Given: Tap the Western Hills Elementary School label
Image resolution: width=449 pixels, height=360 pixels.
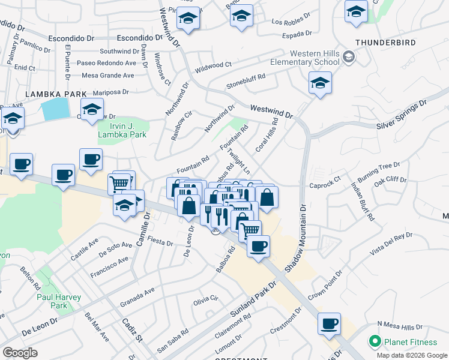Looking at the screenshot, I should (x=306, y=57).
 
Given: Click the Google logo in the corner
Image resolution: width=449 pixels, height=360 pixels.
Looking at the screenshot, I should (x=20, y=353).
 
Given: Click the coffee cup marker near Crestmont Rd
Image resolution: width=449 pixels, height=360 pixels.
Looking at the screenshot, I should (x=328, y=324).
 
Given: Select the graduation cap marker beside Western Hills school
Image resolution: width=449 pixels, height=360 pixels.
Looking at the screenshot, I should (x=320, y=83).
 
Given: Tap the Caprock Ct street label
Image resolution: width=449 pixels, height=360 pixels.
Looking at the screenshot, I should (x=329, y=179).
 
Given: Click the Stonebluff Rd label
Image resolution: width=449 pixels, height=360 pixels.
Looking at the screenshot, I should (x=246, y=82).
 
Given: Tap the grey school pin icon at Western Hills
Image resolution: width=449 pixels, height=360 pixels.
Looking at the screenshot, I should (x=348, y=57).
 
